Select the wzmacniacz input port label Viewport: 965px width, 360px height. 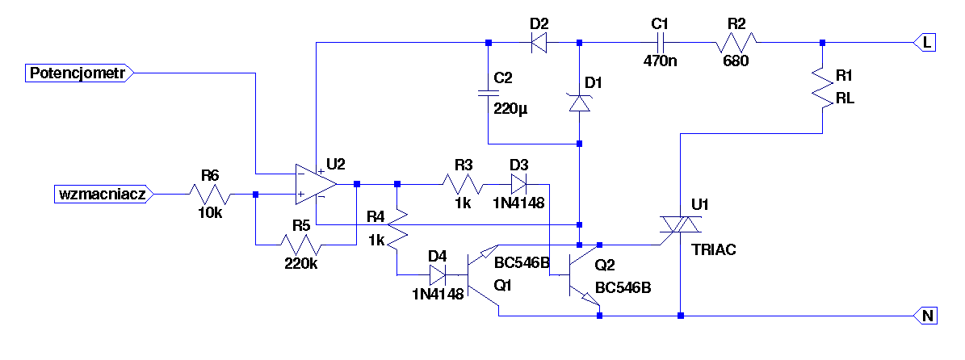(x=103, y=195)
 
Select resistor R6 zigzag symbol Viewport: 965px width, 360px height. (x=210, y=195)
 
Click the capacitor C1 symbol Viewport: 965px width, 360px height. (x=660, y=43)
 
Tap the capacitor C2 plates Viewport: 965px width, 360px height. (x=488, y=94)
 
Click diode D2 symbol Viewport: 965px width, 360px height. (x=539, y=43)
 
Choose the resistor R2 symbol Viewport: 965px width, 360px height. (x=736, y=43)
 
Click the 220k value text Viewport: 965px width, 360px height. (x=301, y=263)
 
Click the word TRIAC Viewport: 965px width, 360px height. (x=714, y=250)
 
